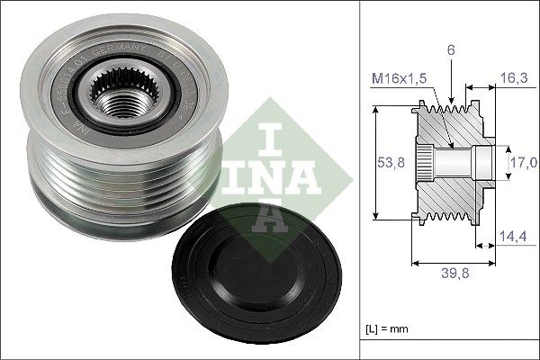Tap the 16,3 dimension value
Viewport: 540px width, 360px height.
pos(513,78)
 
